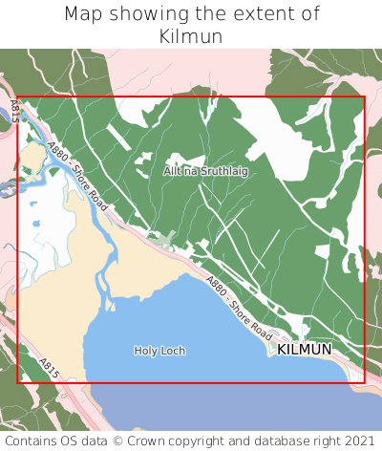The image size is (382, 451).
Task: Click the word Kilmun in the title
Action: coord(191,36)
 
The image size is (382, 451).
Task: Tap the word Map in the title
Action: coord(84,14)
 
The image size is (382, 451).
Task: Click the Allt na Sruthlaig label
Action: coord(205,170)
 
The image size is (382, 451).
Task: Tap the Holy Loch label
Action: coord(159,351)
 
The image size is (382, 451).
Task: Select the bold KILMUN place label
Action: coord(305,350)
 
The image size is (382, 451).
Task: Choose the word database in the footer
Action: coord(285,440)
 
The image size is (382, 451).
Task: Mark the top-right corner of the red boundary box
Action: coord(365,97)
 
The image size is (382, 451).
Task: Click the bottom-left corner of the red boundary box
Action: coord(18,382)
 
